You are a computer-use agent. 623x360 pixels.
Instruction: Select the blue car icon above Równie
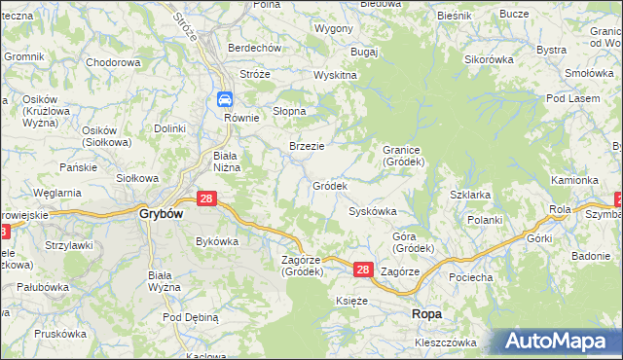225,98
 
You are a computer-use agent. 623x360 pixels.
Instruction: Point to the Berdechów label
254,48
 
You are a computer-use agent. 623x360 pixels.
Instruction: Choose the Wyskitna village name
335,75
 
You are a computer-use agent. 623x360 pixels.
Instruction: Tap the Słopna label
290,111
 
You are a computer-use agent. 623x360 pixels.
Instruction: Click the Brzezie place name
307,146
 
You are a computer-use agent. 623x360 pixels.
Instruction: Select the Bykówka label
217,240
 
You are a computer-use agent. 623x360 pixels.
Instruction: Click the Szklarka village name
469,195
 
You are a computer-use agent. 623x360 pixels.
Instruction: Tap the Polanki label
484,221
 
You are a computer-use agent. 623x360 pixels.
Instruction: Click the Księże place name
351,302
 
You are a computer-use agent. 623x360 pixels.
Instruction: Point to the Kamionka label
574,180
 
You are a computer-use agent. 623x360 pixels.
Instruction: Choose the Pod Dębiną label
191,317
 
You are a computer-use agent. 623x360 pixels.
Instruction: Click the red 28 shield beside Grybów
206,198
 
